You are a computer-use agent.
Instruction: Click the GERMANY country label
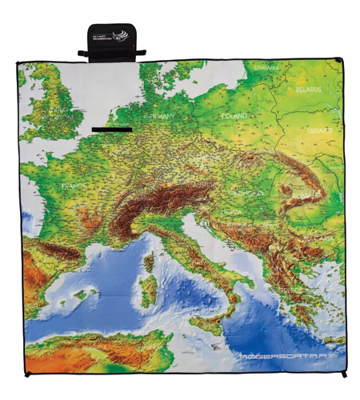point(163,116)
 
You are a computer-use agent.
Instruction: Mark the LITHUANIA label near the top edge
point(266,69)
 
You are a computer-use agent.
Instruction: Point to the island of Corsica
point(149,262)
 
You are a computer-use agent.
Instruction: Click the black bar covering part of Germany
point(111,128)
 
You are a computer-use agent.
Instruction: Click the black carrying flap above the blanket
point(111,42)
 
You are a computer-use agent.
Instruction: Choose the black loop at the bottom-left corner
point(26,374)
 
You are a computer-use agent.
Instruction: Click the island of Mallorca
point(81,295)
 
